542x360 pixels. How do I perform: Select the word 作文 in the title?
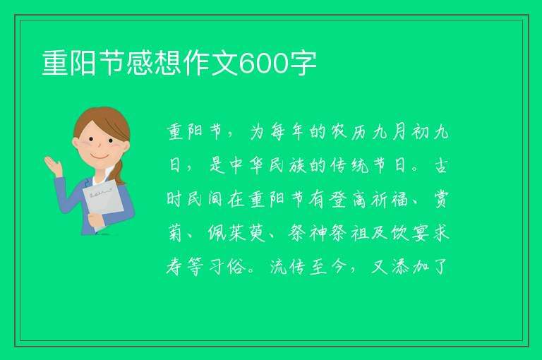[x=210, y=63]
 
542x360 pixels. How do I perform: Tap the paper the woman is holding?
[x=103, y=204]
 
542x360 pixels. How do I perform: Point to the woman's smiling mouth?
[x=100, y=157]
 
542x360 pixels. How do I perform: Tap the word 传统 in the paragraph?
[x=346, y=166]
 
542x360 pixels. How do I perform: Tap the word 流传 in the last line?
[x=287, y=267]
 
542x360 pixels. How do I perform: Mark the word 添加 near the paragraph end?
[x=410, y=267]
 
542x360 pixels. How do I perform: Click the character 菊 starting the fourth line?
[x=175, y=233]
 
